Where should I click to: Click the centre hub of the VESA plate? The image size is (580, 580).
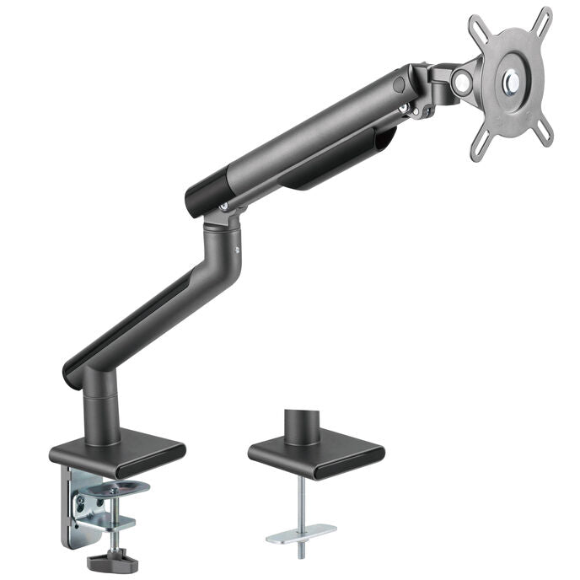(512, 81)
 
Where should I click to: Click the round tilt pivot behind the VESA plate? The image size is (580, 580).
(461, 82)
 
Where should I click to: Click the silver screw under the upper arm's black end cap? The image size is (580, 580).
(223, 205)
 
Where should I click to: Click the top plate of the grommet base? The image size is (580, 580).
(315, 453)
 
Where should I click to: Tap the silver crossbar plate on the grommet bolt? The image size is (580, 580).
(301, 532)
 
